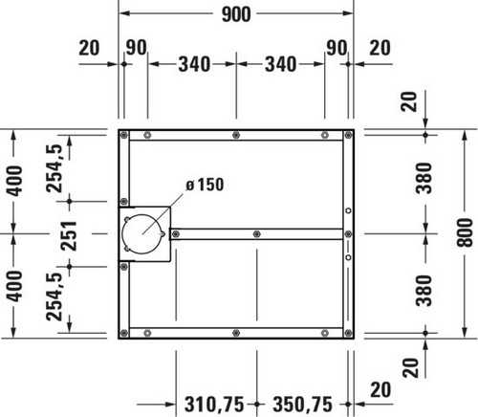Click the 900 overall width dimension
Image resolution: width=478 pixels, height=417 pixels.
click(236, 14)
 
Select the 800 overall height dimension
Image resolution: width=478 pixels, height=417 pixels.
click(465, 232)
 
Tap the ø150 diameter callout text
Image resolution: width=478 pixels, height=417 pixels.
click(205, 185)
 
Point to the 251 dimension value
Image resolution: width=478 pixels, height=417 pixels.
click(70, 235)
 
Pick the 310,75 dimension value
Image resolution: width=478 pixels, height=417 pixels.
click(214, 405)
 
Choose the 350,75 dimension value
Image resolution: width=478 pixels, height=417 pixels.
click(303, 405)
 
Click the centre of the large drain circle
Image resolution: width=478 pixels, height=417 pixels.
click(141, 234)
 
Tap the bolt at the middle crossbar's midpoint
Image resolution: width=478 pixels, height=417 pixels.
click(257, 234)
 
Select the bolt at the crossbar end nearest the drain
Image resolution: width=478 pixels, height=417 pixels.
click(175, 234)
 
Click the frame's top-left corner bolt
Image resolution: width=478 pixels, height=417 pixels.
click(124, 135)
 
